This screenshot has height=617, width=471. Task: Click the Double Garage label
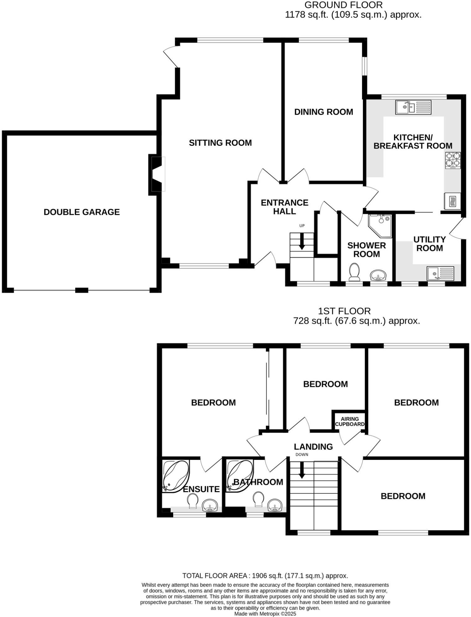pyautogui.click(x=81, y=212)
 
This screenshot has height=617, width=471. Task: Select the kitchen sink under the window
pyautogui.click(x=413, y=107)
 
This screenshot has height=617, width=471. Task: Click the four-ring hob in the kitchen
pyautogui.click(x=453, y=160)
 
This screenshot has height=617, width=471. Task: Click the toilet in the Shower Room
pyautogui.click(x=354, y=271)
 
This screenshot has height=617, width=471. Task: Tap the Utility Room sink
pyautogui.click(x=440, y=273)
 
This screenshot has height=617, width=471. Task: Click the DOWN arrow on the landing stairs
pyautogui.click(x=302, y=470)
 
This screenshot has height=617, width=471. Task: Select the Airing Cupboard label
pyautogui.click(x=349, y=421)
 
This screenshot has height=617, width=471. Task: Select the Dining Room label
pyautogui.click(x=323, y=112)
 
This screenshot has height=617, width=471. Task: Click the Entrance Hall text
pyautogui.click(x=284, y=207)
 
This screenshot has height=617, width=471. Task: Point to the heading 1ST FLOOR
pyautogui.click(x=344, y=311)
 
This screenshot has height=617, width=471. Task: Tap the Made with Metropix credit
pyautogui.click(x=265, y=614)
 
